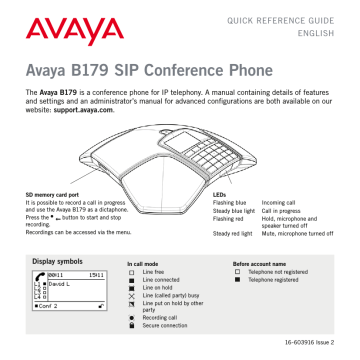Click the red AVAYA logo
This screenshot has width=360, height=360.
61,24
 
